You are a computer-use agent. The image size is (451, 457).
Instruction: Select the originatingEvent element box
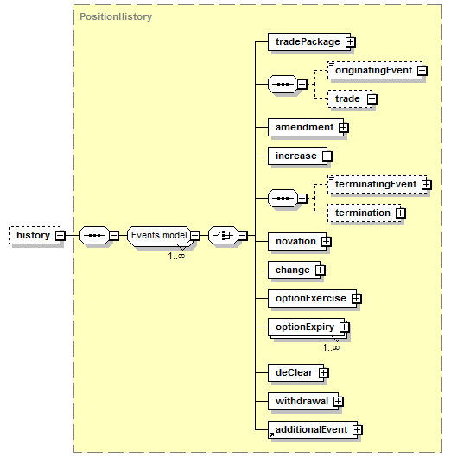375,70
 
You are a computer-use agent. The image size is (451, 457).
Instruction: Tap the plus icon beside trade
372,99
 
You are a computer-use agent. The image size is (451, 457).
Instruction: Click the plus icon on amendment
343,127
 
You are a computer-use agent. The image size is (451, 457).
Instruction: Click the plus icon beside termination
401,213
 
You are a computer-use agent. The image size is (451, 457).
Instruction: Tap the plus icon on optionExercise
356,298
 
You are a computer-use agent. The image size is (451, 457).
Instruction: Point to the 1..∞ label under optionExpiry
331,347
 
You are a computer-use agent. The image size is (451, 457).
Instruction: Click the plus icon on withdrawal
338,402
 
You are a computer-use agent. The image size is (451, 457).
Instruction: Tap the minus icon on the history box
60,235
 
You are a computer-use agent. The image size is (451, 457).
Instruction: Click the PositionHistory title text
116,16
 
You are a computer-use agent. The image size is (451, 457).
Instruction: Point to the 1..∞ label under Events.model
176,256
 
